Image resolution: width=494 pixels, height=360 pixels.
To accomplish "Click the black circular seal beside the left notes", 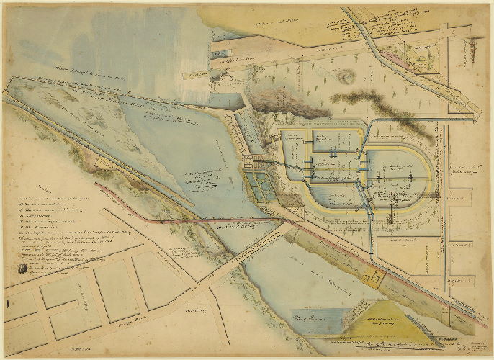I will pyautogui.click(x=21, y=268).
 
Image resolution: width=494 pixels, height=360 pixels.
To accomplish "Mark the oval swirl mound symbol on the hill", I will pyautogui.click(x=348, y=76).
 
